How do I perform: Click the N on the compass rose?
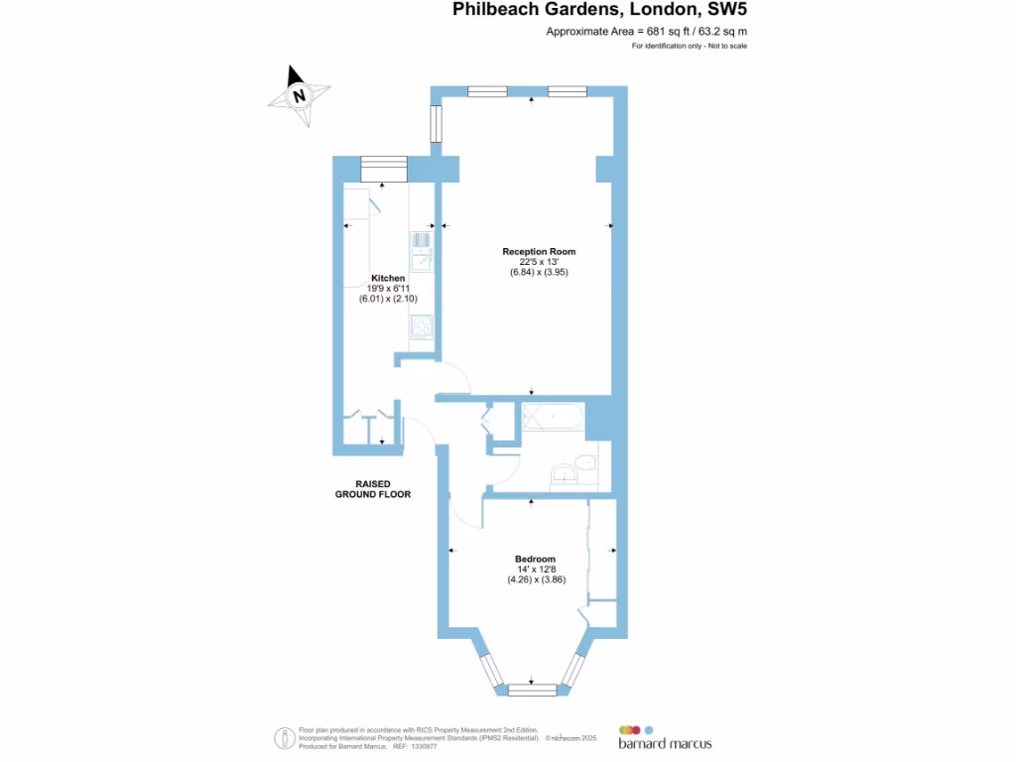pos(299,96)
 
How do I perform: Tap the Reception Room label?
pos(539,251)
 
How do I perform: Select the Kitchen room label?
pos(388,277)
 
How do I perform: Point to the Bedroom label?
pos(535,559)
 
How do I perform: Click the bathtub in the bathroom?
pos(552,417)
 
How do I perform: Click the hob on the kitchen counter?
pos(421,325)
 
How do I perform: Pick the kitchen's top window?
pos(384,169)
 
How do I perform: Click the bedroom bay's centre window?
pos(533,690)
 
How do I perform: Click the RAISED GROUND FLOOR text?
pos(373,488)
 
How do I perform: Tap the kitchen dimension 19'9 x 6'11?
pos(387,288)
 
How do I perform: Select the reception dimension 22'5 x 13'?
pos(539,261)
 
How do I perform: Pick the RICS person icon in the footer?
pos(282,737)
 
